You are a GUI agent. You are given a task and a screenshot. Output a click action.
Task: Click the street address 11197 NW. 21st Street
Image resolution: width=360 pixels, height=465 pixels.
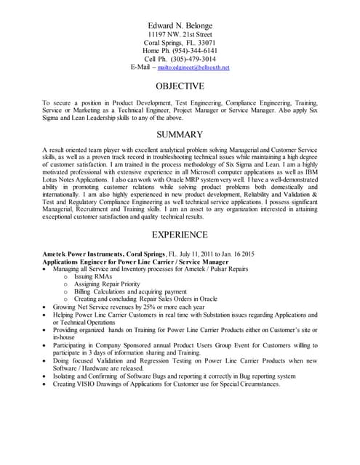pyautogui.click(x=180, y=34)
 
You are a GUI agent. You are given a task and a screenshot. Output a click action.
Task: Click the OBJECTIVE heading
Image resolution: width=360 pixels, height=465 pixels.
pyautogui.click(x=180, y=86)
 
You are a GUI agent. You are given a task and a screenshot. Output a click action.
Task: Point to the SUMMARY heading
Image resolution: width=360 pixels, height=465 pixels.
pyautogui.click(x=180, y=134)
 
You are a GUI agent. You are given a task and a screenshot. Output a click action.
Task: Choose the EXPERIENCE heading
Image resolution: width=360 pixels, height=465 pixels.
pyautogui.click(x=180, y=235)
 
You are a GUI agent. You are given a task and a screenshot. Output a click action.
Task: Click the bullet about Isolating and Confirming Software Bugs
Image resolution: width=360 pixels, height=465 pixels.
pyautogui.click(x=175, y=376)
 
